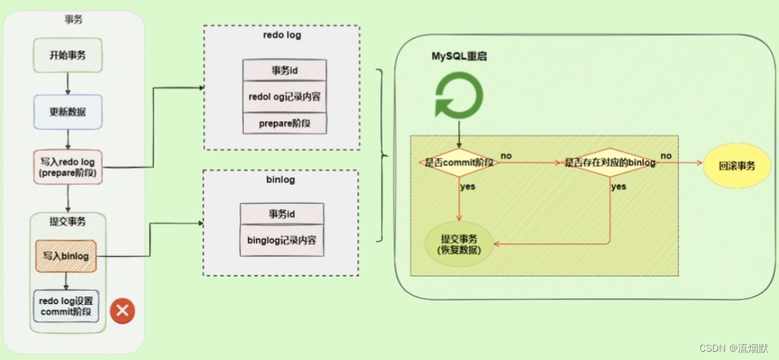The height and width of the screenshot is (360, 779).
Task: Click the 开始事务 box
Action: [x=68, y=55]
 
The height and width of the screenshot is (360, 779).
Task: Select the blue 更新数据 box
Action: [x=68, y=111]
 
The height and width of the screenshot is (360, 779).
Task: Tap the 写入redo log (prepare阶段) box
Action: [x=68, y=167]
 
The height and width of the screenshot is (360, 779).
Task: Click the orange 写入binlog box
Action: [x=66, y=256]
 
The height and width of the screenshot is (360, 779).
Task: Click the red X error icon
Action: [x=123, y=311]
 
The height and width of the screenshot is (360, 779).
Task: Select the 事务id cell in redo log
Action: [x=284, y=70]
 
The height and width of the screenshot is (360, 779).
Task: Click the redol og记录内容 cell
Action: [x=284, y=97]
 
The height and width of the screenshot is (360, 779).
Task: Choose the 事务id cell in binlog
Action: [x=281, y=214]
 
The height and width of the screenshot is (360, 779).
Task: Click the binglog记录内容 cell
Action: [x=281, y=240]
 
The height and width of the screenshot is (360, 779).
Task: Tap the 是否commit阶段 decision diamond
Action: [x=456, y=163]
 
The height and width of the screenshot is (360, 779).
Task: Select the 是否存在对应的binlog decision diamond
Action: [x=610, y=163]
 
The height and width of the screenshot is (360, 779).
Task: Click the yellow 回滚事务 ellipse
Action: [x=737, y=167]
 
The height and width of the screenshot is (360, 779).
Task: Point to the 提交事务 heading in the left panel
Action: [x=67, y=222]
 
